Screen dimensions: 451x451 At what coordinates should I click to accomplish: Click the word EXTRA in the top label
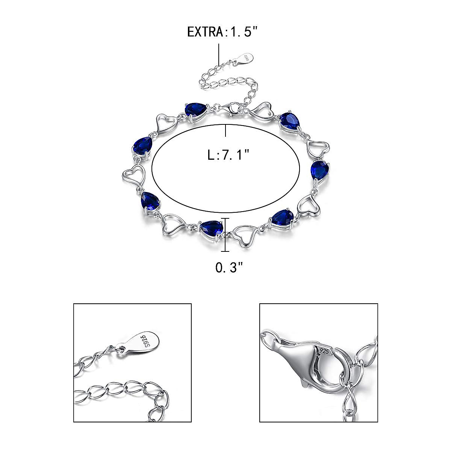point(205,32)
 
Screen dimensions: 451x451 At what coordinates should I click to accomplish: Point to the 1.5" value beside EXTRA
point(242,32)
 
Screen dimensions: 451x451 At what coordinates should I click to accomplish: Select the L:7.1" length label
point(228,155)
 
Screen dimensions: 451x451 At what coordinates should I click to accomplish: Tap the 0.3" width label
point(229,268)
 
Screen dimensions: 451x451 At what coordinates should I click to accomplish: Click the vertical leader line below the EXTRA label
point(219,55)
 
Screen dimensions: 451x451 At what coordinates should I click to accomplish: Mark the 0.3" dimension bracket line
point(225,235)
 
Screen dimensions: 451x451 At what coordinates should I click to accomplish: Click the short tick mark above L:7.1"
point(225,131)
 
